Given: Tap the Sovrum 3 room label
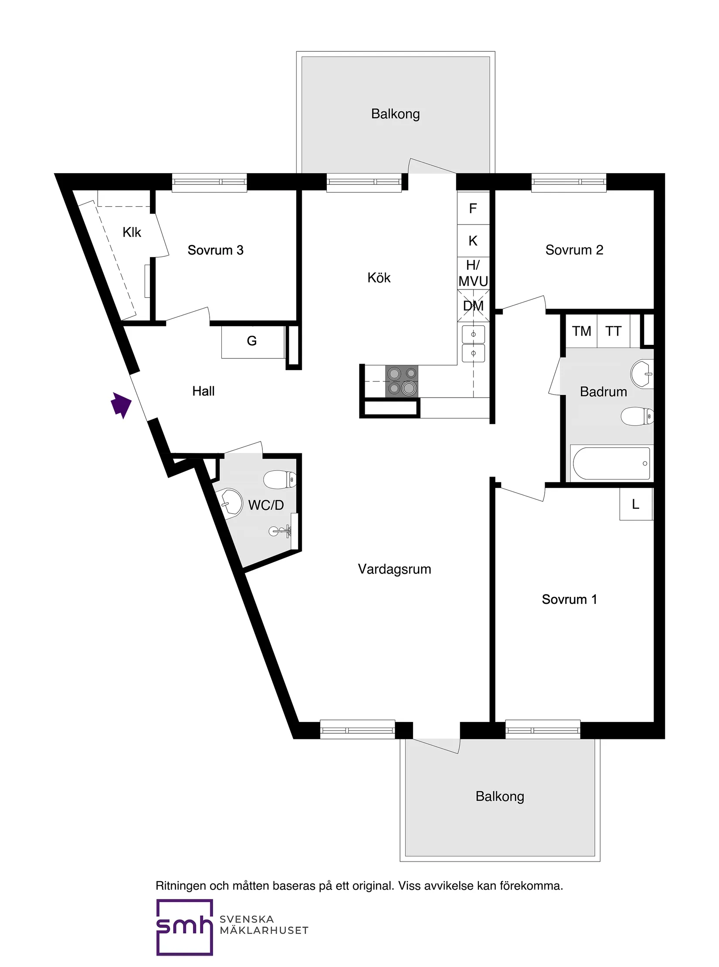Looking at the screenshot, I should coord(215,250).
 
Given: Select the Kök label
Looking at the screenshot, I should coord(379,278).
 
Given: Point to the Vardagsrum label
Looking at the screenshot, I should coord(394,569).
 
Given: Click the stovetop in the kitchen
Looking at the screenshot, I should coord(402,381).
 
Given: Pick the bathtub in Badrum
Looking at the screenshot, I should coord(611,463).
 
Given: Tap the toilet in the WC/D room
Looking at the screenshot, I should coord(280,480).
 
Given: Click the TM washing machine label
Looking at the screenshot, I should coord(581,331).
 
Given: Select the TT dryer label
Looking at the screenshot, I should coord(613,331).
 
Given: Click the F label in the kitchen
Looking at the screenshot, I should coord(473,209).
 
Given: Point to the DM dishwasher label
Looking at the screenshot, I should coord(473,306).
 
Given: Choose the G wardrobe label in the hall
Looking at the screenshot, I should coord(252,341).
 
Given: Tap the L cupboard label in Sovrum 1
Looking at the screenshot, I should coord(635,504).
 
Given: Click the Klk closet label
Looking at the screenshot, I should coord(132,232).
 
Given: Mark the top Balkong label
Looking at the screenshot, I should coord(395,114).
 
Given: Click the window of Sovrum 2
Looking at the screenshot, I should coord(569,182).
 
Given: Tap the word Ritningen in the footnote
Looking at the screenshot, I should coord(181,886).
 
